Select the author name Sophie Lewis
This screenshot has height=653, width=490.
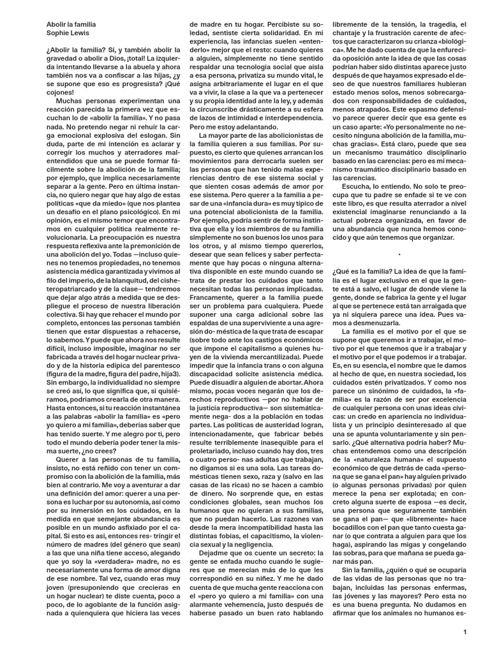[x=67, y=33]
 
